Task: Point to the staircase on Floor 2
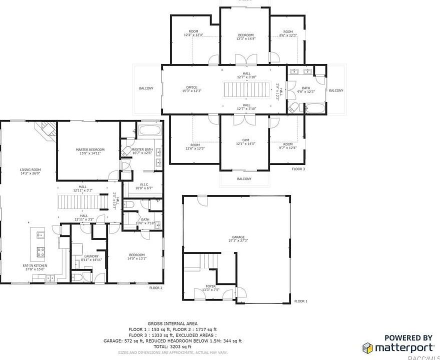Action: pos(83,202)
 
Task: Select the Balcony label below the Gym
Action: pos(244,179)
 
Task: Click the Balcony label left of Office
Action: pos(146,88)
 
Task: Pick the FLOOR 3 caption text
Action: pos(298,169)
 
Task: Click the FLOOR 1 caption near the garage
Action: pos(300,301)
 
